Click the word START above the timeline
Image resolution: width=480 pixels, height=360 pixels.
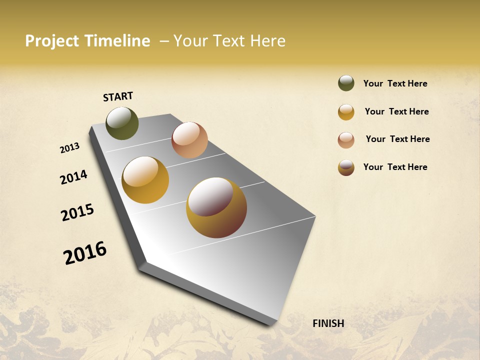[118, 96]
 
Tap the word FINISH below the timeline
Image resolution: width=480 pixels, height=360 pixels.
[328, 323]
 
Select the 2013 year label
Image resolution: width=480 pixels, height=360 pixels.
[70, 148]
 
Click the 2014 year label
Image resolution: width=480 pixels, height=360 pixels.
[74, 177]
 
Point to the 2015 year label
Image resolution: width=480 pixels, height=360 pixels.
[77, 212]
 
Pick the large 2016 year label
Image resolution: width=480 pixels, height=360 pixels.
[85, 253]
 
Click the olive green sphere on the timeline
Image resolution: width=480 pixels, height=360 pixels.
[122, 123]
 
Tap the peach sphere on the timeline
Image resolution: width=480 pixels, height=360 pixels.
[189, 140]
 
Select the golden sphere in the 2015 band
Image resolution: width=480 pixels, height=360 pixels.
[145, 180]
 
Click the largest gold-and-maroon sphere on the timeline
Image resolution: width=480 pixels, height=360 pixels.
[216, 207]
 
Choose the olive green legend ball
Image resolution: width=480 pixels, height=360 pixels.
[346, 83]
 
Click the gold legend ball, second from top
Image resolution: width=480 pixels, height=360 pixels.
[346, 112]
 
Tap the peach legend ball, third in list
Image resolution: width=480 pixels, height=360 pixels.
[346, 140]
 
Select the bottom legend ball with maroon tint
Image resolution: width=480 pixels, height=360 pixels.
[346, 167]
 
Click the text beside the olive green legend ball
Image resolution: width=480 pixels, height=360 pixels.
[395, 83]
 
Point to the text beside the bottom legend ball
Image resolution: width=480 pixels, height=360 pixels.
[395, 167]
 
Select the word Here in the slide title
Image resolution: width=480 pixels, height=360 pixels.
[267, 41]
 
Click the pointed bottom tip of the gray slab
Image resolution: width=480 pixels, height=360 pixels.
[271, 322]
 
